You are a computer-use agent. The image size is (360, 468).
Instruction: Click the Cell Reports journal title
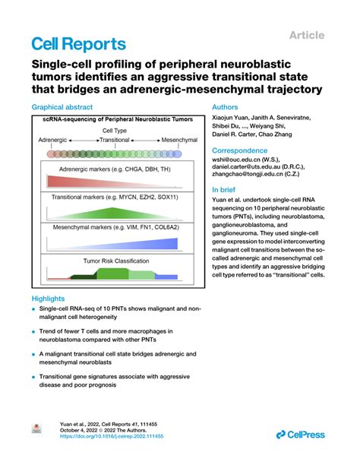78,44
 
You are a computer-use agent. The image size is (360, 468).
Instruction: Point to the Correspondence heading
242,150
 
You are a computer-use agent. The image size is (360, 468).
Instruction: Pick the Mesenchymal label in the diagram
179,141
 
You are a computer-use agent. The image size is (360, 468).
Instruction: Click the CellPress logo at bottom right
302,434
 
